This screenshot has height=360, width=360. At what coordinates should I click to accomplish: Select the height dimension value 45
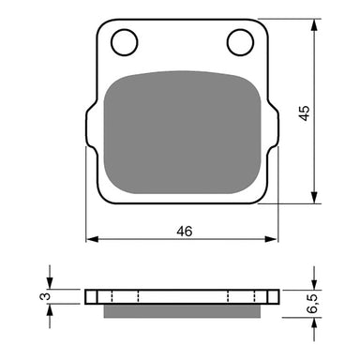(x=330, y=112)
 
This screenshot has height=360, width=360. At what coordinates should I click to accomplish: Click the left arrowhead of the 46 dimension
(x=91, y=241)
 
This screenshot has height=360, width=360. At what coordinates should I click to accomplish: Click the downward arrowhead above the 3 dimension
(x=50, y=284)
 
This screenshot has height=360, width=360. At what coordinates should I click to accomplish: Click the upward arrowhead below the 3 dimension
(x=50, y=309)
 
